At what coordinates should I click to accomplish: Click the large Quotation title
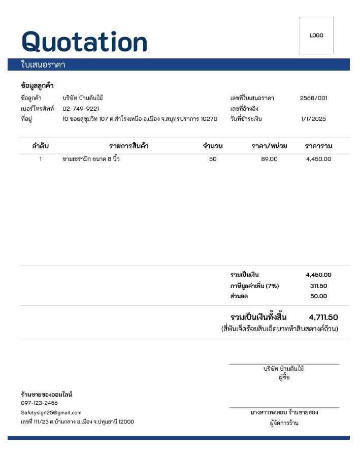[84, 41]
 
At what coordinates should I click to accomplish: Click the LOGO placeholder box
[316, 36]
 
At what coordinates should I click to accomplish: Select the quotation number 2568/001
[313, 98]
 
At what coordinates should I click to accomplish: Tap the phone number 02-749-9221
[81, 109]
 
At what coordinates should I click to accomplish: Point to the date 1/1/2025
[313, 119]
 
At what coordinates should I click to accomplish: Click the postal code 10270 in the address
[209, 119]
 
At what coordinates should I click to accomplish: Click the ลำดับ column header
[40, 146]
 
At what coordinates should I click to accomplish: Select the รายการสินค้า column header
[128, 146]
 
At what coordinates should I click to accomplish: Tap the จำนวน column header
[212, 146]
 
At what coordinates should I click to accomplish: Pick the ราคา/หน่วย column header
[269, 146]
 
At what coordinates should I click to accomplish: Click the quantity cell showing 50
[212, 159]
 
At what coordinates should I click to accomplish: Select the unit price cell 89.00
[269, 159]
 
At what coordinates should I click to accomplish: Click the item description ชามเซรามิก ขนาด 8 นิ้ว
[91, 159]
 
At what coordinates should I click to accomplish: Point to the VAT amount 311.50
[318, 286]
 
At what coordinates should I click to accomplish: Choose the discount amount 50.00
[318, 296]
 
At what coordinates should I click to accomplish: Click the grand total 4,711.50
[323, 317]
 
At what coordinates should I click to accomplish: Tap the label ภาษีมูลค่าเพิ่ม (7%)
[254, 286]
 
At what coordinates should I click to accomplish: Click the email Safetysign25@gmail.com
[51, 413]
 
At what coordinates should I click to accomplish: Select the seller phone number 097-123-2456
[39, 403]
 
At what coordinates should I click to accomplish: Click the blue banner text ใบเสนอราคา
[43, 65]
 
